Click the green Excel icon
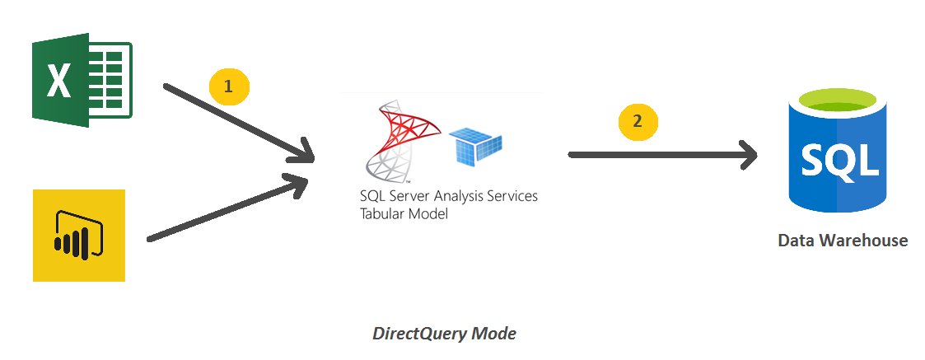[x=82, y=81]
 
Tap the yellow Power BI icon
[x=79, y=236]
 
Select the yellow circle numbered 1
[x=229, y=86]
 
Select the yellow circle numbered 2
[x=638, y=121]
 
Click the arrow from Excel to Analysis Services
[x=239, y=121]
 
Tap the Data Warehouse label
[x=843, y=241]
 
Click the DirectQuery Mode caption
[x=445, y=334]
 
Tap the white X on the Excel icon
[x=58, y=82]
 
